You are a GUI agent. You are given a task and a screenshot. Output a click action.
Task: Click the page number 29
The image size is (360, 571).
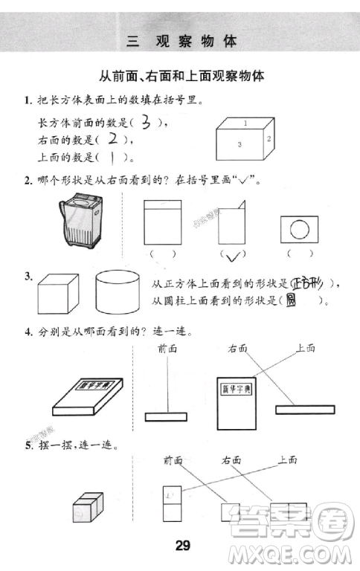183,546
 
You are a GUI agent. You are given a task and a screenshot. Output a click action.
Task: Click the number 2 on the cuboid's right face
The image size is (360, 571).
269,139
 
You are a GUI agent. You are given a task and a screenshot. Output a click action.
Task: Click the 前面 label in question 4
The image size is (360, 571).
167,348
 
